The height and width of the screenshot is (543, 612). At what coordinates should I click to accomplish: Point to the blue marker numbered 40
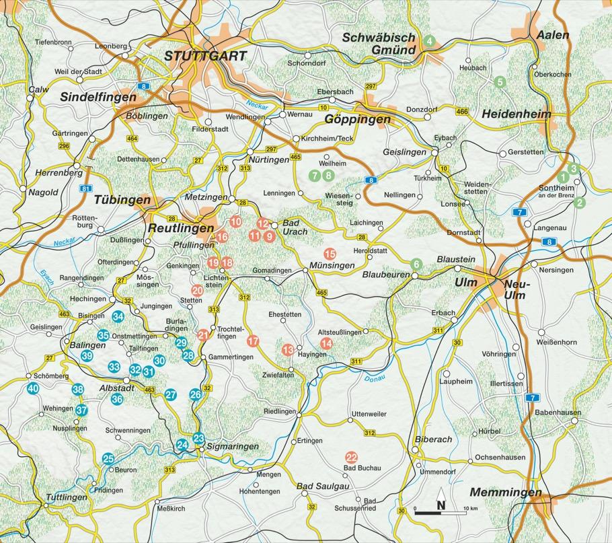33,388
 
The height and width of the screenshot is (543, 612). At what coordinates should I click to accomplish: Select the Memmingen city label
506,493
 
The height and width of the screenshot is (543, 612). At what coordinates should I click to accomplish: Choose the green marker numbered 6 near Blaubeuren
416,263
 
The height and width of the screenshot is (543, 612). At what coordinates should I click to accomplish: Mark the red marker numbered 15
330,254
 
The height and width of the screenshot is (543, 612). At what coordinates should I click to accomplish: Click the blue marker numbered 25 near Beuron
108,459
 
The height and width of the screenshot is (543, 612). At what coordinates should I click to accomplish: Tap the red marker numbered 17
253,341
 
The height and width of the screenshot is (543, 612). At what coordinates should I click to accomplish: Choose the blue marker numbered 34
118,316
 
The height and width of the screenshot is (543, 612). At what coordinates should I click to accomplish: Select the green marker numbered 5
499,82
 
